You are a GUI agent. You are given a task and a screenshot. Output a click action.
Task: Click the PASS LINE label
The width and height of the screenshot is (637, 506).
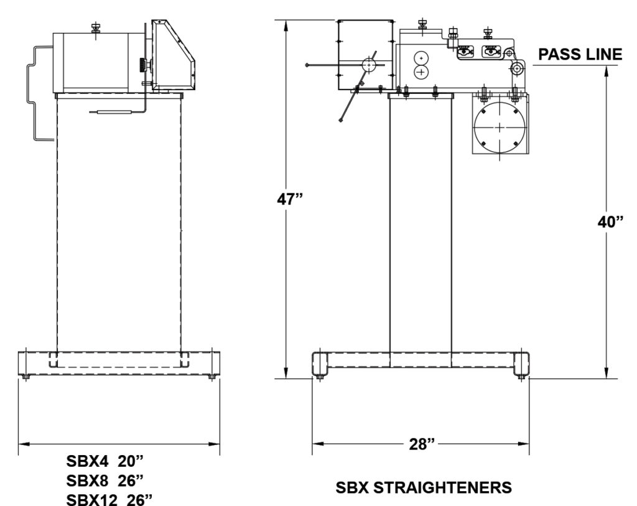(580, 55)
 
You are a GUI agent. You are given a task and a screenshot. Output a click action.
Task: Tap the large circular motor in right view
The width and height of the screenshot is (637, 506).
(500, 126)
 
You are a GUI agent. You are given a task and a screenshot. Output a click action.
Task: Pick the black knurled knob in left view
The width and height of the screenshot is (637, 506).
(144, 65)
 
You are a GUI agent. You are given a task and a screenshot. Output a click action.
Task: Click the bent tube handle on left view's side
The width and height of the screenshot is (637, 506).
(32, 93)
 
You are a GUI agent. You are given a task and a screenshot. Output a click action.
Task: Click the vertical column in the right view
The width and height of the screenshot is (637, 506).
(420, 224)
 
